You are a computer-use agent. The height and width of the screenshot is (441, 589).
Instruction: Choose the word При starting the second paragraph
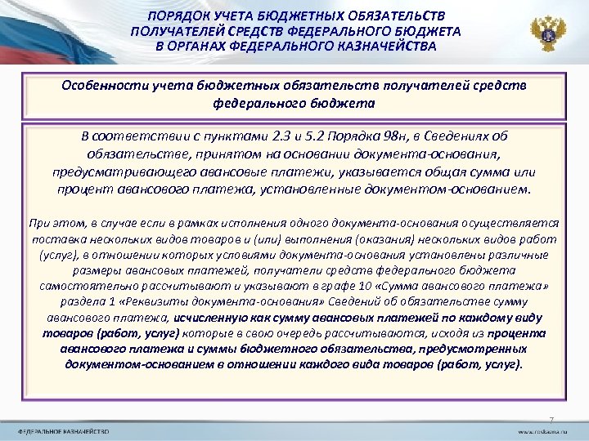38,221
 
